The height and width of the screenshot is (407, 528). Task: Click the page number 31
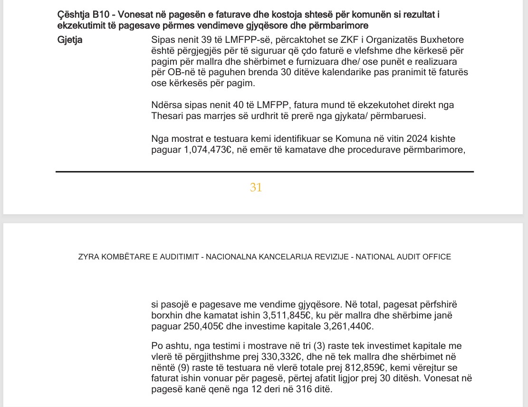256,188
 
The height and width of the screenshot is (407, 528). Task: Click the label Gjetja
69,40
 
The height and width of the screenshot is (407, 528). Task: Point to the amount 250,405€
206,327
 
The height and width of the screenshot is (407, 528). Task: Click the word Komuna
349,139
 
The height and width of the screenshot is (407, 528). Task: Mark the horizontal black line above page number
264,171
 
